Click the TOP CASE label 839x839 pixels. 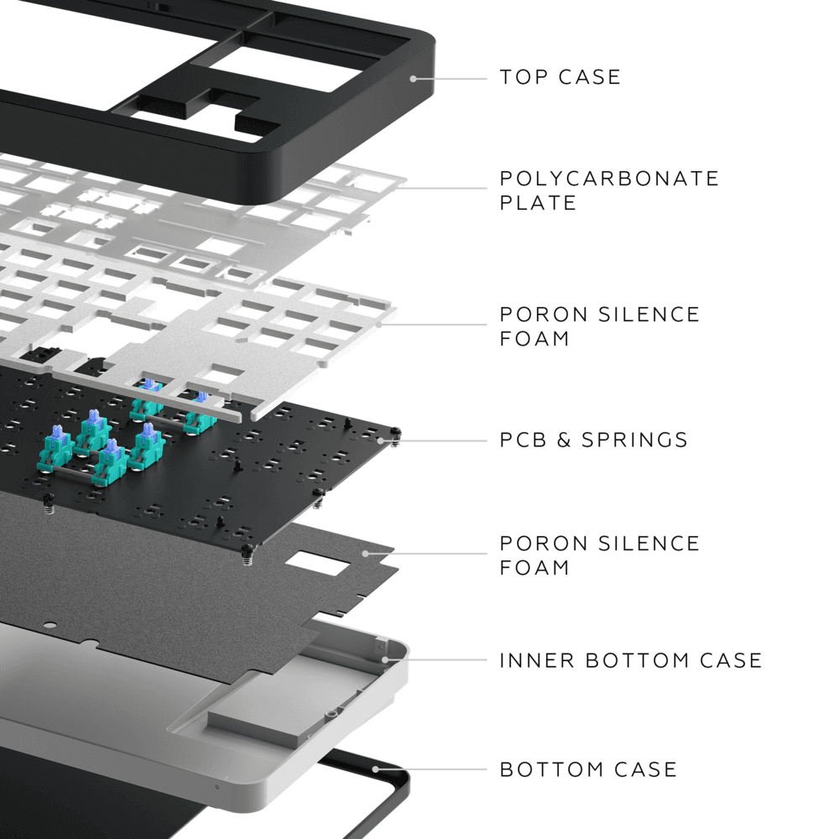[x=560, y=77]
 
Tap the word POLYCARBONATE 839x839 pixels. [x=609, y=179]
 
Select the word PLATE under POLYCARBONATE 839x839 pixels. [x=538, y=203]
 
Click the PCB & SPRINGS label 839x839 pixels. [x=593, y=440]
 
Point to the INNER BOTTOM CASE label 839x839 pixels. [x=630, y=660]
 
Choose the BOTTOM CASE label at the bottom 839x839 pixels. [x=588, y=769]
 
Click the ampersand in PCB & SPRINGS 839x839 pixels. [x=565, y=440]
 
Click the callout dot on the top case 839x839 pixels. [x=413, y=78]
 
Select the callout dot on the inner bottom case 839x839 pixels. [x=386, y=659]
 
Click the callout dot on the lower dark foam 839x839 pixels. [x=365, y=554]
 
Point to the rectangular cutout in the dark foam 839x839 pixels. [x=319, y=563]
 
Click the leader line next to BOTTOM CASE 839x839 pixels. [x=432, y=769]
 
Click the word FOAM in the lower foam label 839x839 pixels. [x=534, y=568]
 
